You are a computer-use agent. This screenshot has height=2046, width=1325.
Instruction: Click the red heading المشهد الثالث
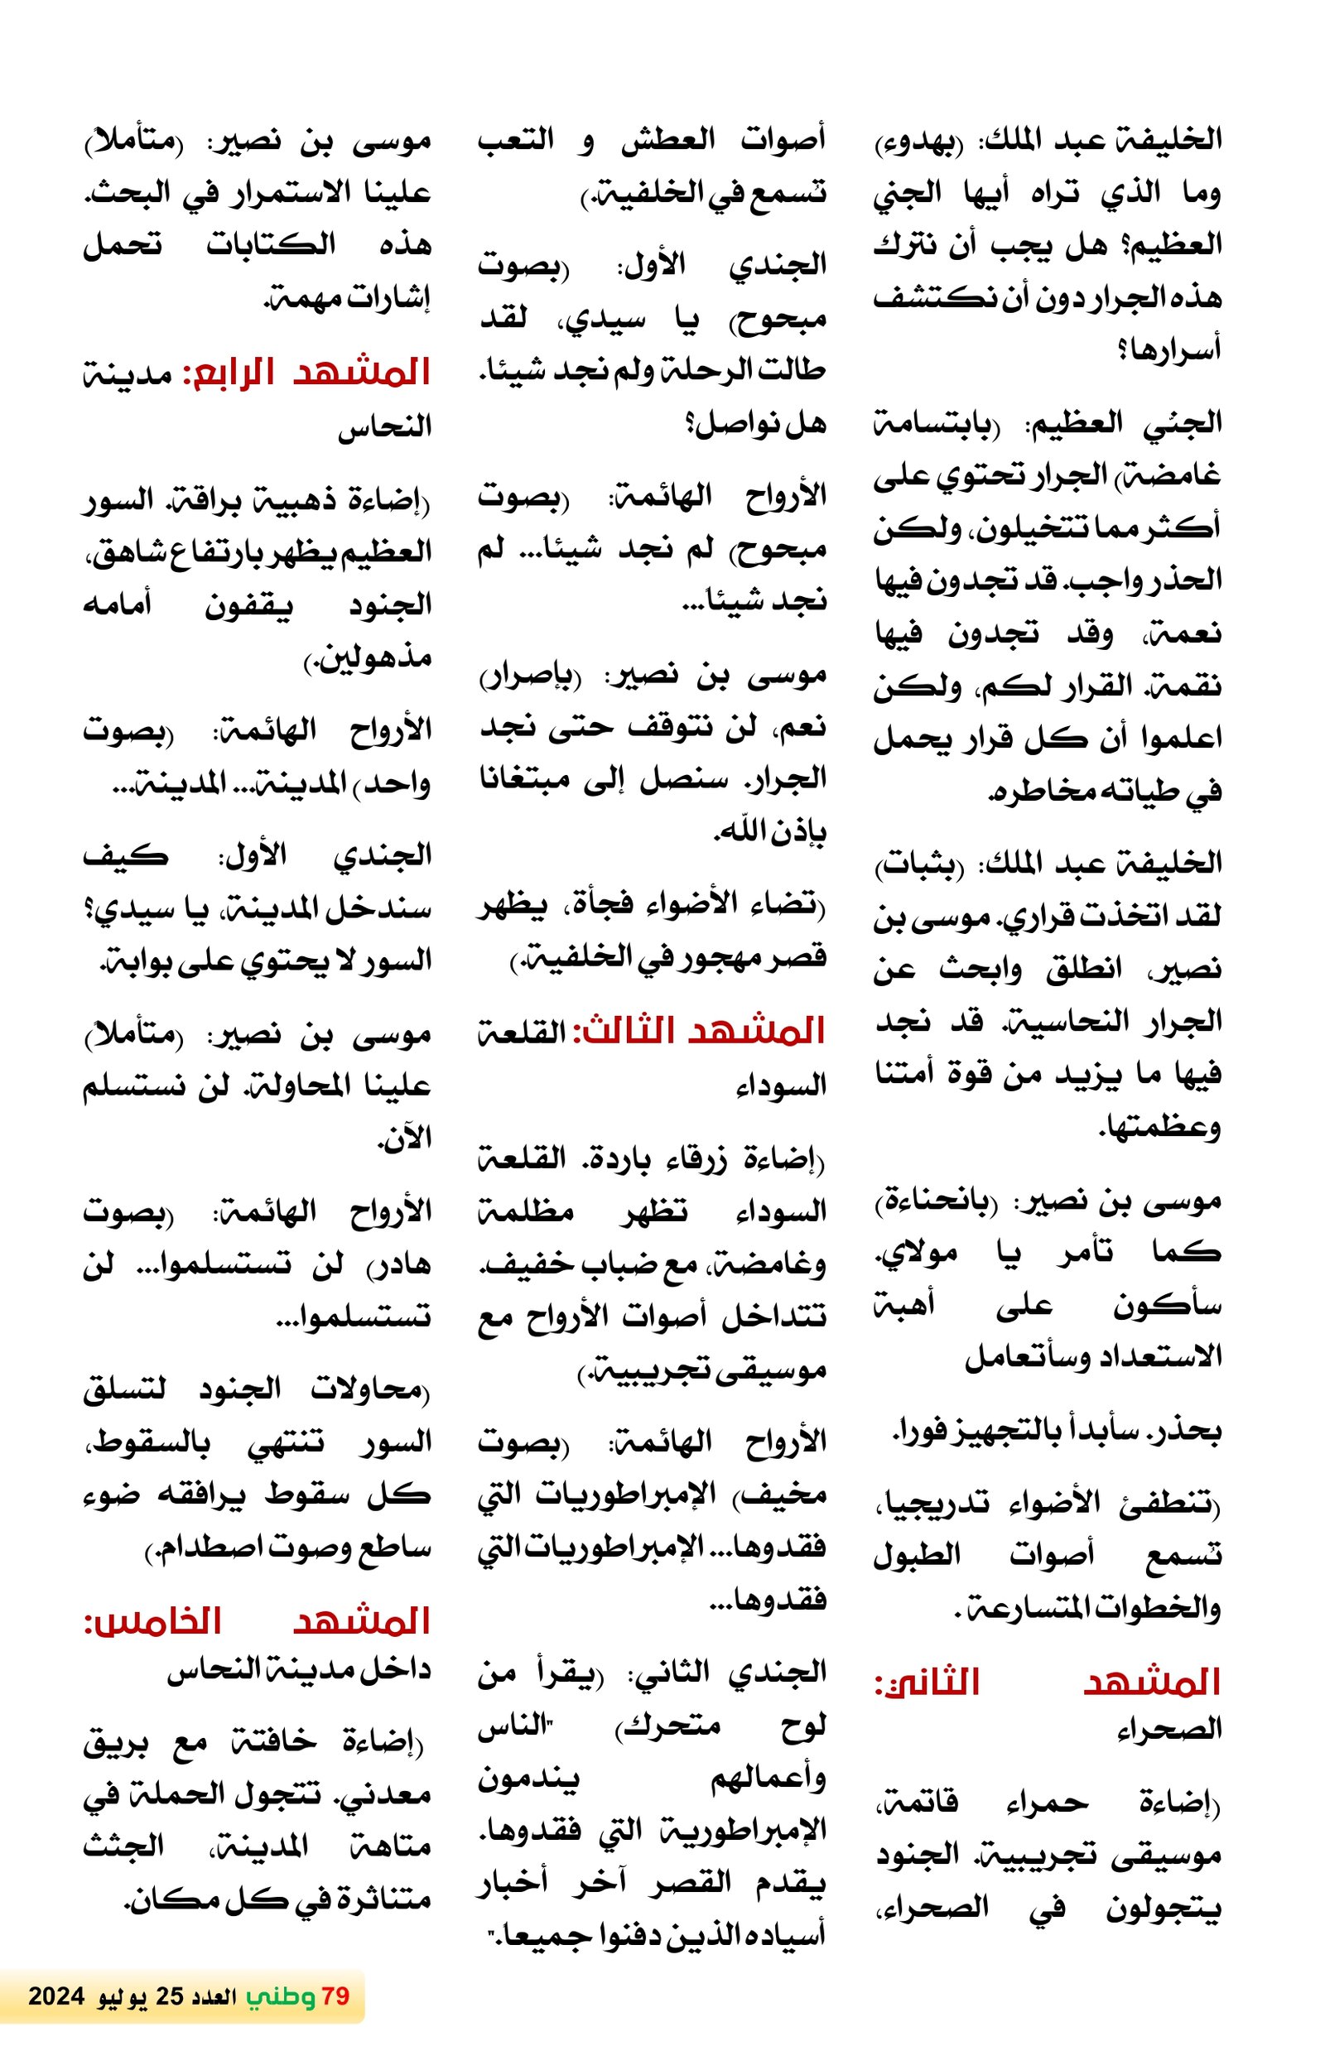702,1031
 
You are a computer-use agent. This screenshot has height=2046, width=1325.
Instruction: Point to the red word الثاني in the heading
927,1683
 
